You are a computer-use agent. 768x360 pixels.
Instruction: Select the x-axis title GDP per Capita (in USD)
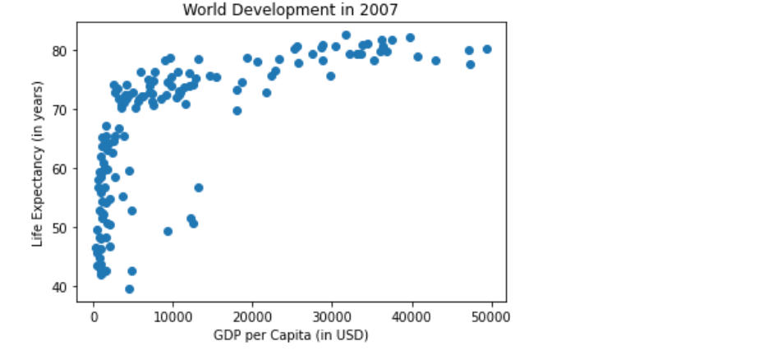click(x=290, y=335)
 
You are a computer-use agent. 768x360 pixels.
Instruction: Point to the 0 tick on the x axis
click(x=94, y=316)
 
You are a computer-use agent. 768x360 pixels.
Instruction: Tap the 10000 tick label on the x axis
click(x=172, y=316)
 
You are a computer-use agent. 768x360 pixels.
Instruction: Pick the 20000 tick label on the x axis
click(x=252, y=316)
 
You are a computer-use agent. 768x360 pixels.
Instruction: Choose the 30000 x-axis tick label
click(x=332, y=316)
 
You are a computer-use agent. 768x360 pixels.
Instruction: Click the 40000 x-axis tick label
click(x=412, y=316)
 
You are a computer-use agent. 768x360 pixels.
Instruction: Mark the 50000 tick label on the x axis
click(x=491, y=316)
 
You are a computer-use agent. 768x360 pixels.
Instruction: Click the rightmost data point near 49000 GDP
click(x=487, y=49)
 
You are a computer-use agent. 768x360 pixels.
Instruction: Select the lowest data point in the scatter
click(x=129, y=289)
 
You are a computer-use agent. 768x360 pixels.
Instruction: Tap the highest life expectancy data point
click(x=346, y=35)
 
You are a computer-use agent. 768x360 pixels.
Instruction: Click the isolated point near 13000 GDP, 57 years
click(x=198, y=187)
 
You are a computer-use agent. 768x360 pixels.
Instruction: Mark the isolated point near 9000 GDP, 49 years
click(x=168, y=231)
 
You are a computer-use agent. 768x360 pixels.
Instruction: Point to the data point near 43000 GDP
click(x=436, y=61)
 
